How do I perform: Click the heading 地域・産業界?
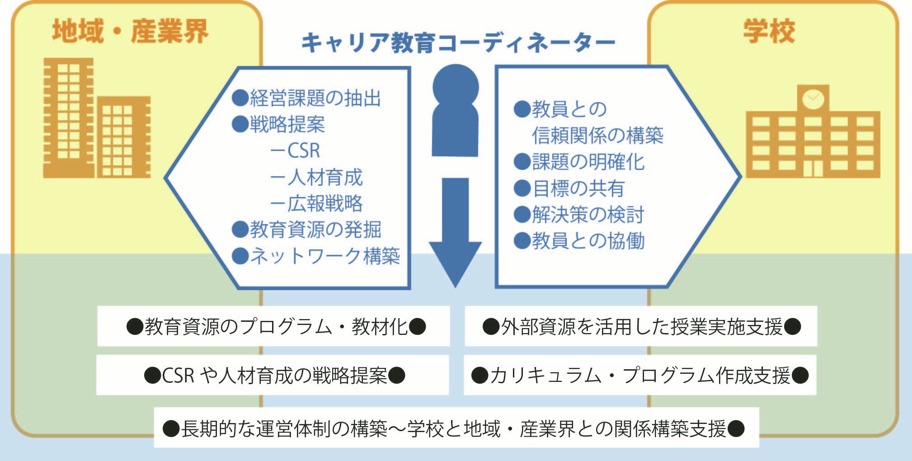click(130, 32)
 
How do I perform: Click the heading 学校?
click(769, 32)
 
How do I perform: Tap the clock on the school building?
click(813, 98)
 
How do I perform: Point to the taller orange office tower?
click(68, 118)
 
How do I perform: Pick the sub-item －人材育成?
click(316, 177)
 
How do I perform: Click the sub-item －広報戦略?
click(316, 203)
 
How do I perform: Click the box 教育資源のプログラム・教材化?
click(273, 326)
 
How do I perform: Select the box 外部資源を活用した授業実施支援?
click(641, 326)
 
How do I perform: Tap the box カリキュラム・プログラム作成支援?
click(640, 375)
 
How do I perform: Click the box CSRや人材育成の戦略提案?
click(273, 375)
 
